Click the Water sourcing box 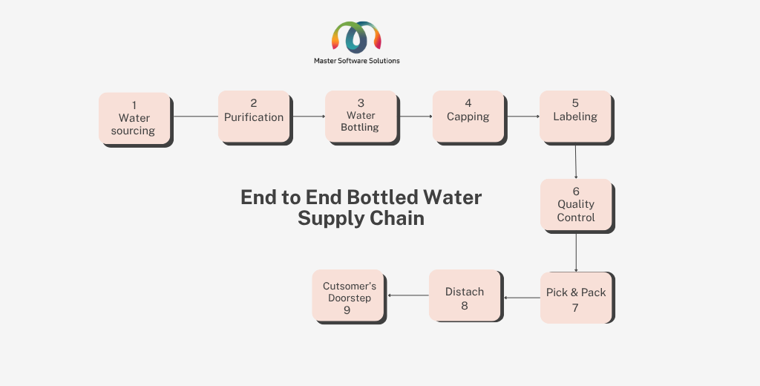click(x=135, y=118)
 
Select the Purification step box click(x=254, y=117)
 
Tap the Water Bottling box click(x=361, y=117)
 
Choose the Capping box click(x=468, y=117)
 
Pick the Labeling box click(x=575, y=117)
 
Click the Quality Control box click(x=576, y=205)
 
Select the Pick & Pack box click(x=576, y=298)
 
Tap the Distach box click(x=465, y=295)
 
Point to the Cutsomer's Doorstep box click(x=348, y=295)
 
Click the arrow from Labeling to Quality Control click(x=576, y=162)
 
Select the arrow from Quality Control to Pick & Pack click(x=576, y=252)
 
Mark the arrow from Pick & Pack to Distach click(x=522, y=298)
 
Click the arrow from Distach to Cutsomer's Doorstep click(x=408, y=295)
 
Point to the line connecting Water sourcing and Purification click(x=196, y=117)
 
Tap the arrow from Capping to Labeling click(x=523, y=117)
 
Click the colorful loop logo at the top click(x=356, y=37)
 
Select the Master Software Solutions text click(x=357, y=61)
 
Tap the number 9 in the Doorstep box click(x=347, y=310)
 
